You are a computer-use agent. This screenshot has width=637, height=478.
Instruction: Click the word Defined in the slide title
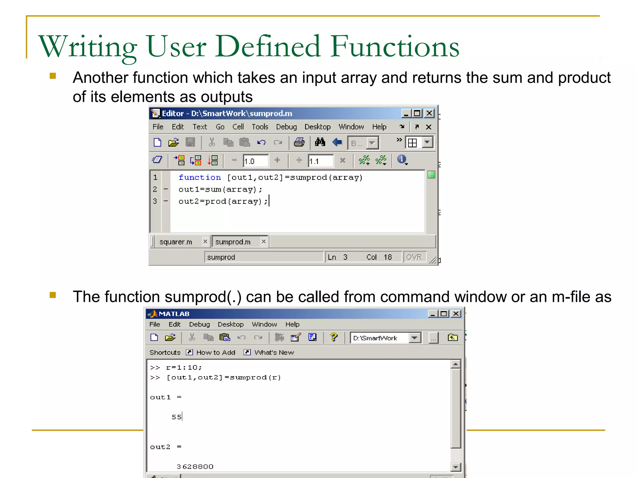tap(267, 47)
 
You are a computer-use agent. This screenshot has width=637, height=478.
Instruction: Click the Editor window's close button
tap(429, 113)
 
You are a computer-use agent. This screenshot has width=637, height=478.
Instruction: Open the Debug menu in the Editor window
tap(286, 127)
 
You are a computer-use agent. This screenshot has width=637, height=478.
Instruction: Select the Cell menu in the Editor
tap(238, 127)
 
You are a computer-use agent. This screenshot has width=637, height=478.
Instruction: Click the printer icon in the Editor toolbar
tap(299, 143)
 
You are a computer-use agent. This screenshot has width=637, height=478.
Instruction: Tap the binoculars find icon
tap(320, 143)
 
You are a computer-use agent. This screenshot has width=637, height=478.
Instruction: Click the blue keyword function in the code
tap(200, 177)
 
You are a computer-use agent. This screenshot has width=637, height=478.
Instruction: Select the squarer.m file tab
tap(176, 242)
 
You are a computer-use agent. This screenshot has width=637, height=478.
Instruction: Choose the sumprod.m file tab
tap(233, 242)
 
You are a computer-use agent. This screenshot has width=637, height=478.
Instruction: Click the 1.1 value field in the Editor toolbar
tap(320, 161)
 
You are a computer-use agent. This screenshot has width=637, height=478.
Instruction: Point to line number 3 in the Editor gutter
tap(155, 201)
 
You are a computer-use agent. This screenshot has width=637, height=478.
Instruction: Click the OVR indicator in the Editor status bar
tap(414, 257)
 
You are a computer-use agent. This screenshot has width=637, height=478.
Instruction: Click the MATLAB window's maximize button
tap(444, 314)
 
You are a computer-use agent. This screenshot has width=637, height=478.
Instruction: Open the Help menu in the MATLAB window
tap(292, 324)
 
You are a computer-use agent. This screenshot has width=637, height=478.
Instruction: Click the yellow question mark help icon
tap(334, 337)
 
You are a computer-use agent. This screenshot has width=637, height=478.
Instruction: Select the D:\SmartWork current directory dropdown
tap(386, 338)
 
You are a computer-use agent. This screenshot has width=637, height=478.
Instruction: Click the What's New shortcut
tap(274, 352)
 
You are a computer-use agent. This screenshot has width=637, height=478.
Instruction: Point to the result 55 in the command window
tap(176, 417)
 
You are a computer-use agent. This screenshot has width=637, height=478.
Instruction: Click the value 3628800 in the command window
tap(195, 466)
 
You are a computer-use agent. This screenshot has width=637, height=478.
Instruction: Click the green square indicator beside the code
tap(431, 175)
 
